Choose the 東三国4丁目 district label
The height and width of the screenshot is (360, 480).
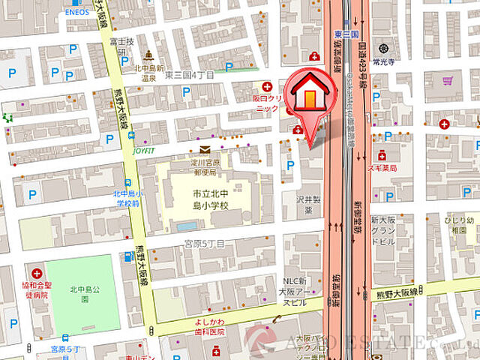coord(189,75)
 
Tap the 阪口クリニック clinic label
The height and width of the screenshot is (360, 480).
coord(268,103)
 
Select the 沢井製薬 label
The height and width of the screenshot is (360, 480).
coord(307,205)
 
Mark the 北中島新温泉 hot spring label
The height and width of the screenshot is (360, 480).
coord(150,73)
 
